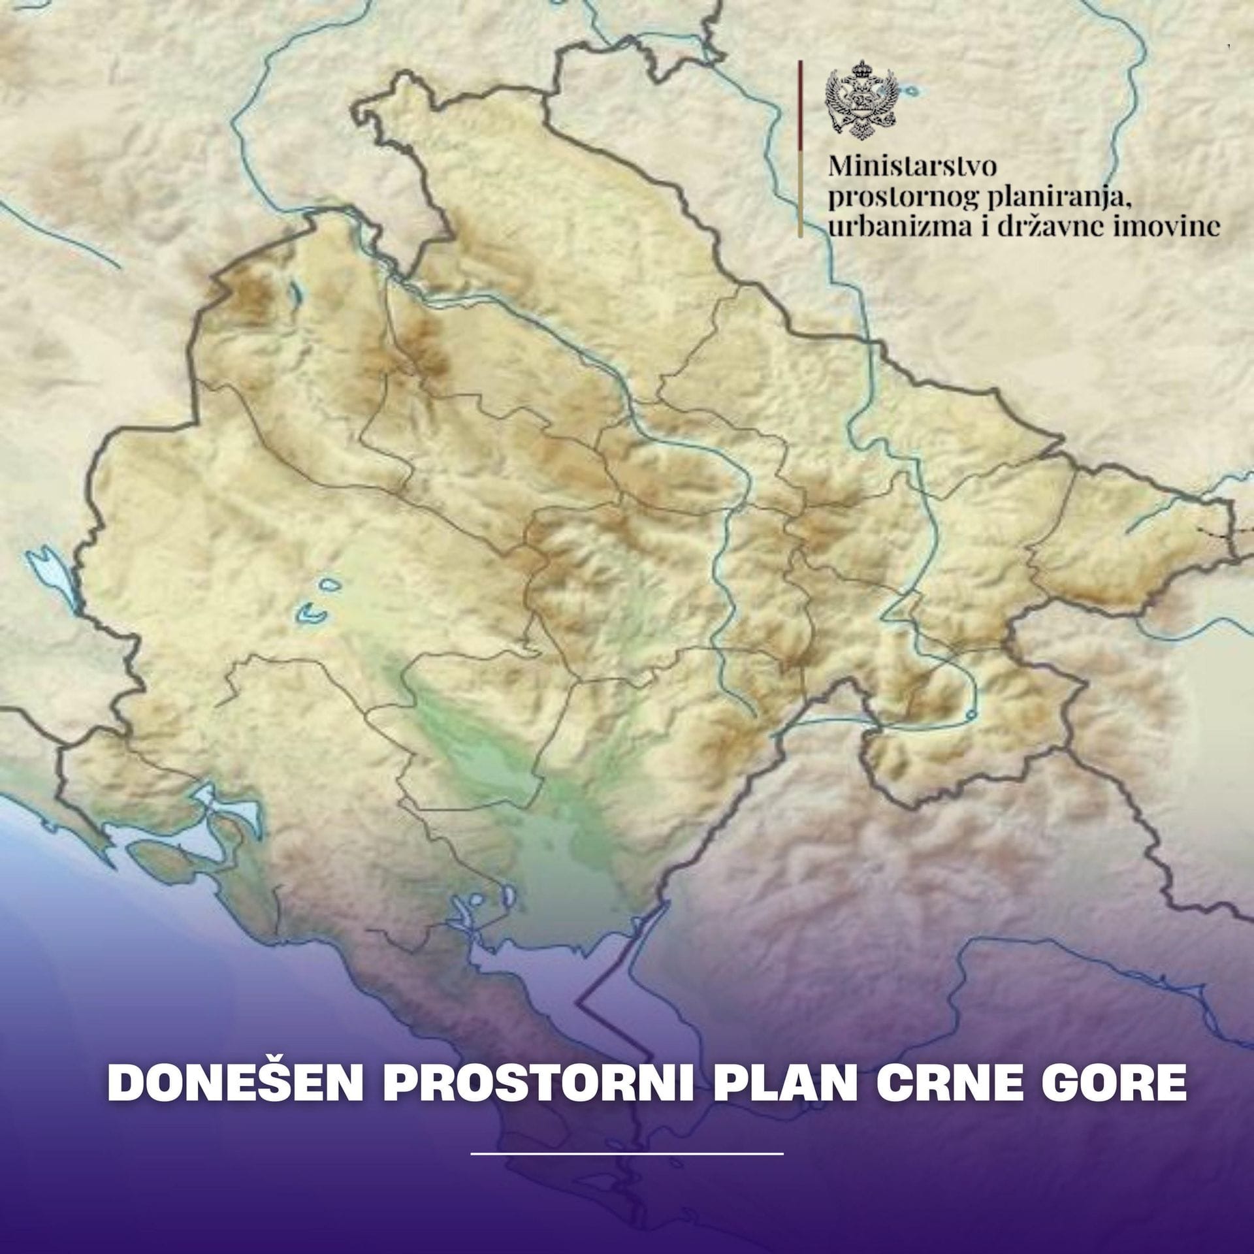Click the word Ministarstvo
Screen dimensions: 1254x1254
tap(912, 166)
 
